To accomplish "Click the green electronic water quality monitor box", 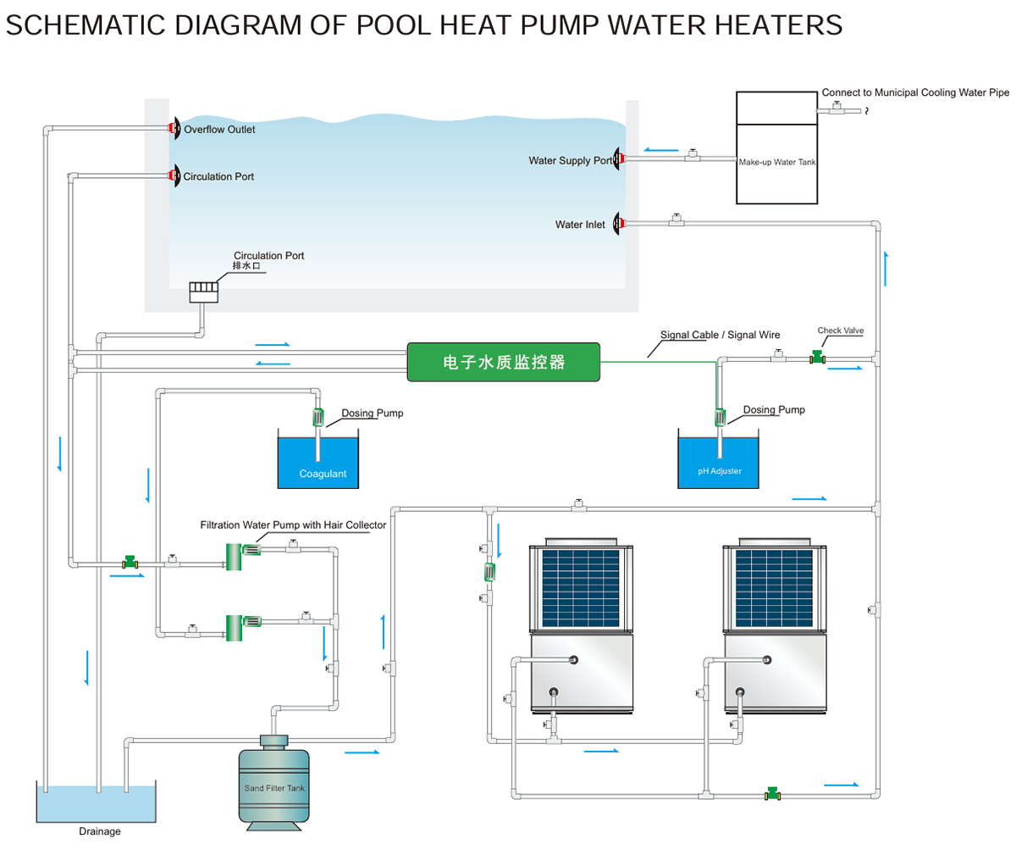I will [x=503, y=362].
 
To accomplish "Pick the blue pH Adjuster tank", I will [x=719, y=463].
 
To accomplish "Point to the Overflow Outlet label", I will [x=219, y=130].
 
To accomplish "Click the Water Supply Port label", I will [x=570, y=160].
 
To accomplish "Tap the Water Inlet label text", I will [x=580, y=225].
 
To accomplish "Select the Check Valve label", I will [x=841, y=330].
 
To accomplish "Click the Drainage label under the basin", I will [x=100, y=831].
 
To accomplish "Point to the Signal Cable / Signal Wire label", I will [x=720, y=335].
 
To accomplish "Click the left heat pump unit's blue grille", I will [x=582, y=588].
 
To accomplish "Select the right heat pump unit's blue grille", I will [x=774, y=588].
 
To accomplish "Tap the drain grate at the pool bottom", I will [x=204, y=291].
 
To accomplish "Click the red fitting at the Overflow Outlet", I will [x=174, y=129].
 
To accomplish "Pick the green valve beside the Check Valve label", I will [x=817, y=358].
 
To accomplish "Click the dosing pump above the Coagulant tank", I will [x=318, y=417].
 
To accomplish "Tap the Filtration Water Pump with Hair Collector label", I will [x=293, y=525].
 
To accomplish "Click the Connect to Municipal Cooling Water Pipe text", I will [x=915, y=92].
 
